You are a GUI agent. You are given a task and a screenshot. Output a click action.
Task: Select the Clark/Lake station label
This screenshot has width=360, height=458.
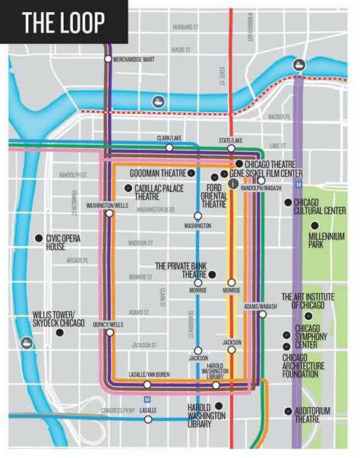[x=169, y=137]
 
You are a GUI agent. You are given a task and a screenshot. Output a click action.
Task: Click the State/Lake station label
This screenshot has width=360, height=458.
[x=231, y=140]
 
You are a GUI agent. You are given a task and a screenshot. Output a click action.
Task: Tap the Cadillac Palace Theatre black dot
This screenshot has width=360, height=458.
[x=128, y=186]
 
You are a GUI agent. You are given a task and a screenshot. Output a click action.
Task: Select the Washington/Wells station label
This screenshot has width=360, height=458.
[x=106, y=206]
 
